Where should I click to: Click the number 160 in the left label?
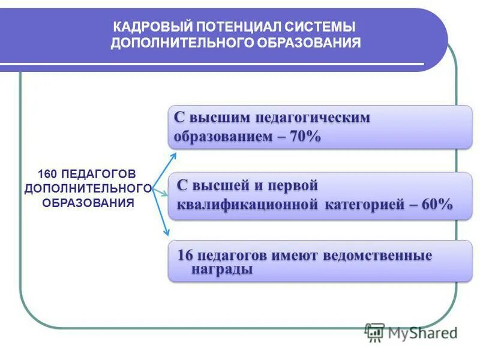click(x=47, y=174)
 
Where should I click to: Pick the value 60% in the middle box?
click(x=436, y=204)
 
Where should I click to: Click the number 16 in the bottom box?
click(x=185, y=255)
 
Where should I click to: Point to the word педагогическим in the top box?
click(x=313, y=117)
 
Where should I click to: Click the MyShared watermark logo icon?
click(x=375, y=332)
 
